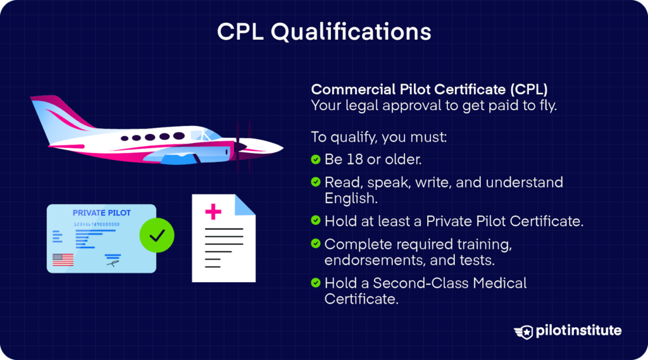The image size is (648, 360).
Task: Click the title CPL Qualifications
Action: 324,32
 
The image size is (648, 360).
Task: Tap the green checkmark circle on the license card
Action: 156,236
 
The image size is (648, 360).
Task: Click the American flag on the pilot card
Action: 63,259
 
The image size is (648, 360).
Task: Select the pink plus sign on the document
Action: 214,211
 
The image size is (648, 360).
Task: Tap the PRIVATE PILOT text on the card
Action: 101,213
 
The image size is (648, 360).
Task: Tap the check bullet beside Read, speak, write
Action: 316,182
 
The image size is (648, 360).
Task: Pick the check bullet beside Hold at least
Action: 316,221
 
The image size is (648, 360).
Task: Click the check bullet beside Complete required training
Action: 316,243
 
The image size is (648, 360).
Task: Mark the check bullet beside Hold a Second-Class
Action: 316,282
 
